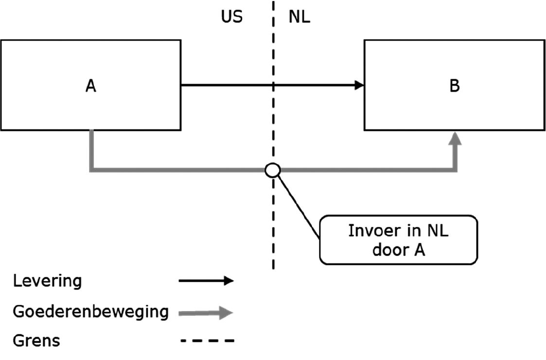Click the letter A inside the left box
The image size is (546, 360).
pyautogui.click(x=90, y=86)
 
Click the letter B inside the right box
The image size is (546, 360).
pyautogui.click(x=454, y=86)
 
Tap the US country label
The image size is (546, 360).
pyautogui.click(x=231, y=17)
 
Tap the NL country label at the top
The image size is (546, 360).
pyautogui.click(x=299, y=17)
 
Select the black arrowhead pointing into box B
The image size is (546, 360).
pyautogui.click(x=359, y=85)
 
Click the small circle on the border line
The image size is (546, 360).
pyautogui.click(x=272, y=170)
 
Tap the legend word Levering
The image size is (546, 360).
pyautogui.click(x=47, y=281)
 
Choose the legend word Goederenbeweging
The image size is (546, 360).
pyautogui.click(x=90, y=311)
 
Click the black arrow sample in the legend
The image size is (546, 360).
pyautogui.click(x=206, y=281)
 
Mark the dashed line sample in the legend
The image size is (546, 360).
pyautogui.click(x=207, y=341)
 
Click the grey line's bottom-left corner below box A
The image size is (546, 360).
pyautogui.click(x=91, y=170)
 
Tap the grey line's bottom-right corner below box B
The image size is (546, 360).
pyautogui.click(x=455, y=170)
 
